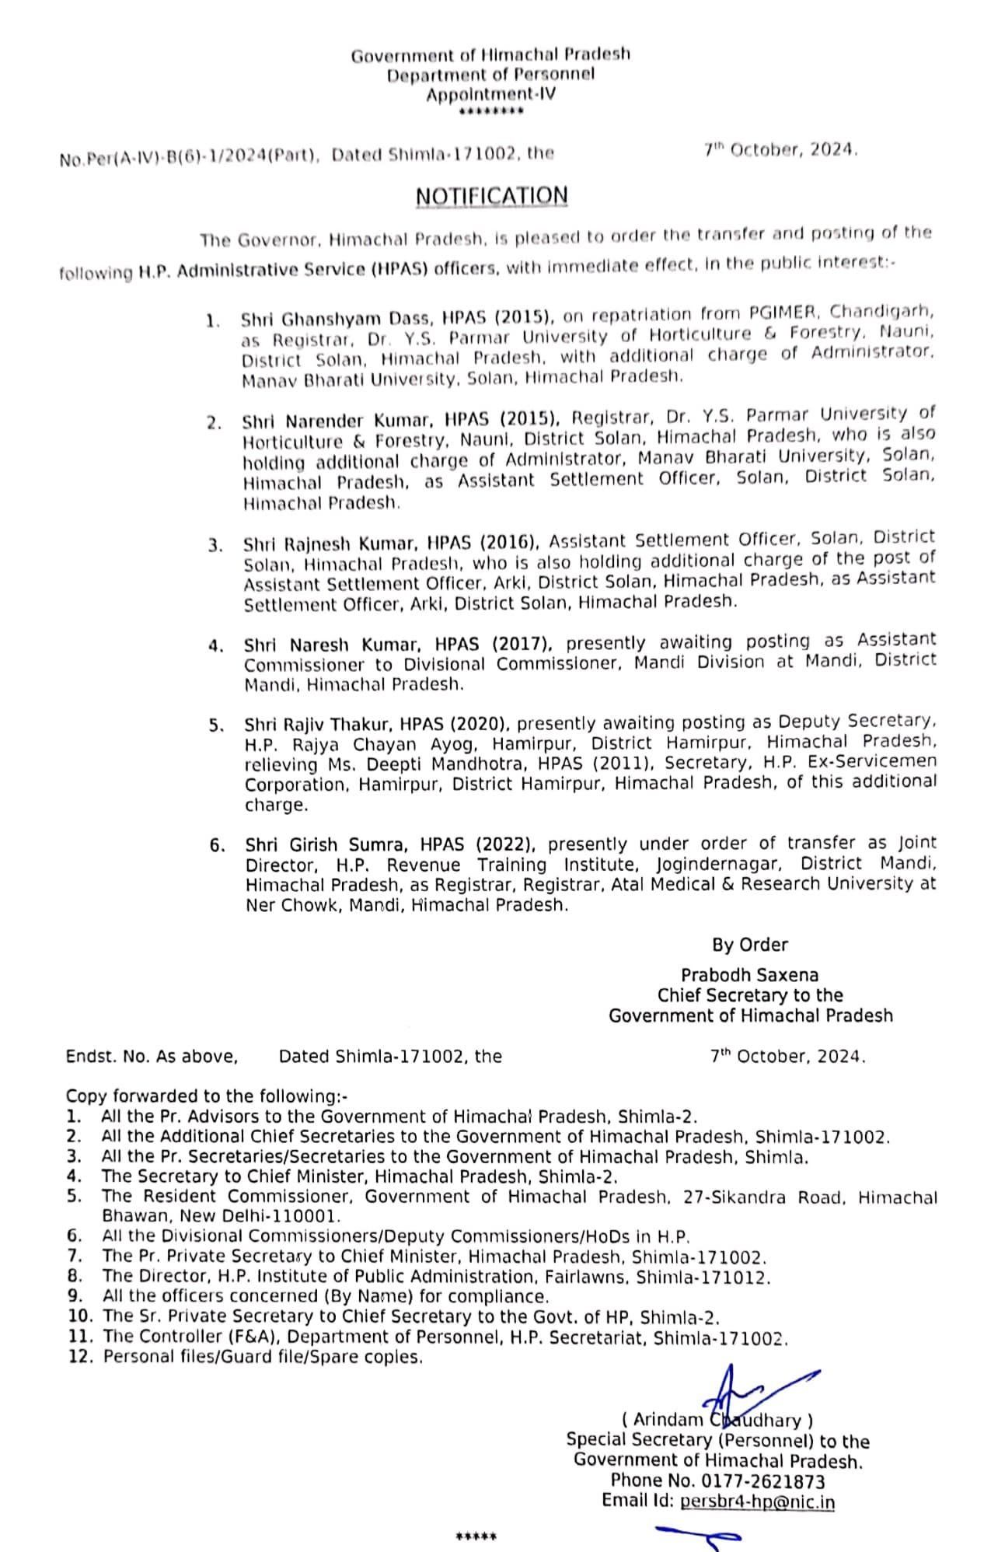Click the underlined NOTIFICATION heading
coord(491,196)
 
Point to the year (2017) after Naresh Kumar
coord(522,644)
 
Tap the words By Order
coord(750,945)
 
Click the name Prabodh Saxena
coord(749,975)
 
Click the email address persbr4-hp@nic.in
coord(757,1501)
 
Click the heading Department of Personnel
coord(490,75)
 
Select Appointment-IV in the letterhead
coord(491,94)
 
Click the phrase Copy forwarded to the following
coord(207,1096)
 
